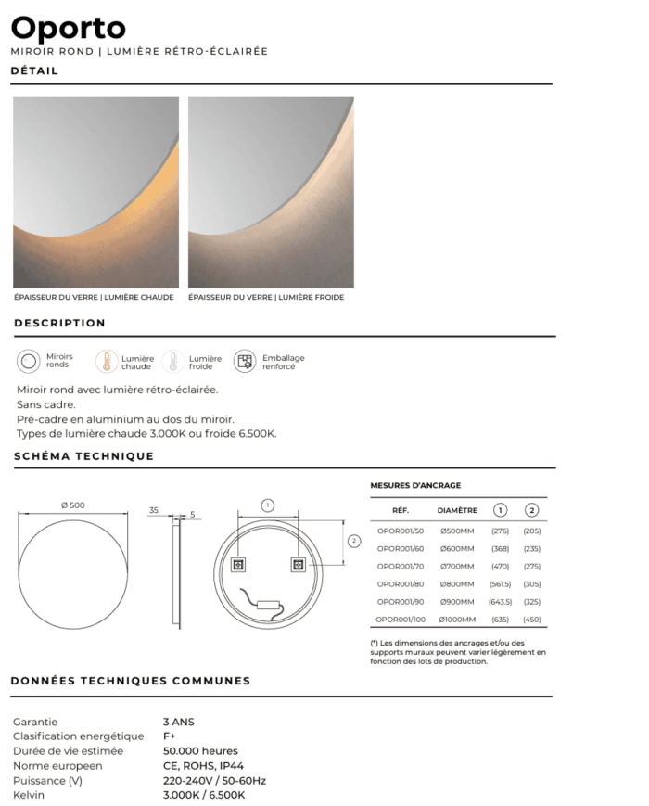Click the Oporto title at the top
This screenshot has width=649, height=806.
pyautogui.click(x=69, y=28)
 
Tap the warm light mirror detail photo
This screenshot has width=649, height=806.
pyautogui.click(x=95, y=192)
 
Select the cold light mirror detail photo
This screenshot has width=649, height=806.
pyautogui.click(x=270, y=192)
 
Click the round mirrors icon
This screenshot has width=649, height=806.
pyautogui.click(x=29, y=361)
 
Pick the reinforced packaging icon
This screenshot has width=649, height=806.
pyautogui.click(x=245, y=361)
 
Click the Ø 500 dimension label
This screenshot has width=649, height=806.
pyautogui.click(x=72, y=505)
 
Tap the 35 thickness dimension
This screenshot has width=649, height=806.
pyautogui.click(x=154, y=509)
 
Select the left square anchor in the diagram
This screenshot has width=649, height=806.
pyautogui.click(x=237, y=564)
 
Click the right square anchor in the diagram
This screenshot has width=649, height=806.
pyautogui.click(x=299, y=564)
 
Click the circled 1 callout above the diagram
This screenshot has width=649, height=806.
pyautogui.click(x=267, y=505)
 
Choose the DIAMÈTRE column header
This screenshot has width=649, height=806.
pyautogui.click(x=457, y=510)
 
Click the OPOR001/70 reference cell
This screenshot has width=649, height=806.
pyautogui.click(x=401, y=566)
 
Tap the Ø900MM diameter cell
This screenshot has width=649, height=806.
pyautogui.click(x=456, y=601)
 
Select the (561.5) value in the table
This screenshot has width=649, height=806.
pyautogui.click(x=501, y=583)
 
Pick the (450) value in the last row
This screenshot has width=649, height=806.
pyautogui.click(x=532, y=619)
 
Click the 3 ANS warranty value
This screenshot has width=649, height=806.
pyautogui.click(x=179, y=722)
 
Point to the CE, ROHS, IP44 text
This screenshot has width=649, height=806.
pyautogui.click(x=204, y=766)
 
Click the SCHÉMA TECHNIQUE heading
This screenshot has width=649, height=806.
pyautogui.click(x=83, y=456)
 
